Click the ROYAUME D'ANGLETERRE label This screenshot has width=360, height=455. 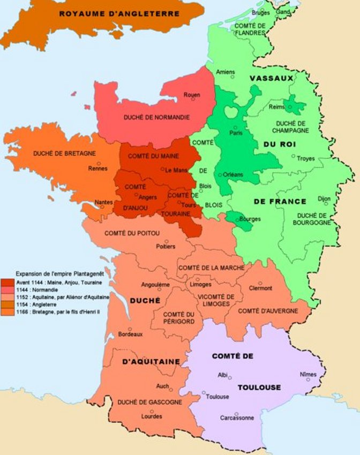tap(119, 13)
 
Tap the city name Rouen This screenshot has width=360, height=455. tap(191, 95)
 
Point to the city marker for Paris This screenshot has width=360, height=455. tap(234, 127)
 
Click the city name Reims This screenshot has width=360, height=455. tap(278, 107)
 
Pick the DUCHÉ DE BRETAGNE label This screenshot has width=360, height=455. tap(64, 153)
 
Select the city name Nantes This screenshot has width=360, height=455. tap(103, 202)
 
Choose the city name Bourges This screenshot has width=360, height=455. tap(250, 219)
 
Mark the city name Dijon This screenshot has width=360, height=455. tap(324, 198)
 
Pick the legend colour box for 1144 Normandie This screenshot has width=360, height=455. tap(7, 289)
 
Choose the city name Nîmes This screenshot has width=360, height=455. tap(308, 374)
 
